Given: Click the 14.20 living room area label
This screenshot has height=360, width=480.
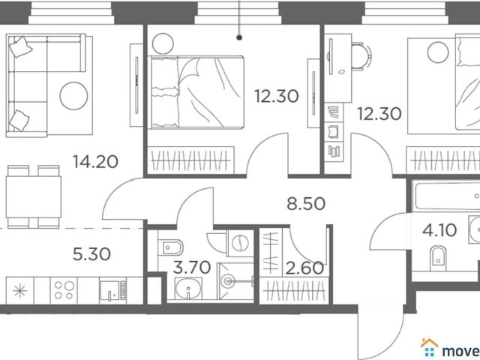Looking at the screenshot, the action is click(95, 162).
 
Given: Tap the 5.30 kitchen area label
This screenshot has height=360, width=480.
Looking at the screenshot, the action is click(91, 254).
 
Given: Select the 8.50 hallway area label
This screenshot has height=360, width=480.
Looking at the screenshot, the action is click(306, 204).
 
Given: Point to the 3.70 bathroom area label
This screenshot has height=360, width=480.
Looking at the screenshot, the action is click(192, 267).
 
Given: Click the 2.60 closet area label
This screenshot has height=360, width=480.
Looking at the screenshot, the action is click(304, 268).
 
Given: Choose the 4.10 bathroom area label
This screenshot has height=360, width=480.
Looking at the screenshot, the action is click(439, 230).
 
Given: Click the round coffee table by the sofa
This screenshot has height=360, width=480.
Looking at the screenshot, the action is click(73, 96).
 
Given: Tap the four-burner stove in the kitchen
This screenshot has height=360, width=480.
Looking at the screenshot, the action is click(64, 290).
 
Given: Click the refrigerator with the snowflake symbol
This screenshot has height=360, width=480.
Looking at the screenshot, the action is click(20, 290).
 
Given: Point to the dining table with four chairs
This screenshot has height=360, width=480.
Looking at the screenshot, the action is click(33, 196).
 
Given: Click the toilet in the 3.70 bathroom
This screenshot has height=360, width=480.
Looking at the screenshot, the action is click(170, 247).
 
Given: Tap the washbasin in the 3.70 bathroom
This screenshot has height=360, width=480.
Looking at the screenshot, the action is click(188, 288).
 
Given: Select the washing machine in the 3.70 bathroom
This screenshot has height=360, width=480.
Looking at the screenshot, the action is click(240, 243).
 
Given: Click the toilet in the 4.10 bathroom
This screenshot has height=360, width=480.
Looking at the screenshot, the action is click(438, 258).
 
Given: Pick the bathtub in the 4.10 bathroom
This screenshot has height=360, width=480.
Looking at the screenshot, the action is click(446, 195).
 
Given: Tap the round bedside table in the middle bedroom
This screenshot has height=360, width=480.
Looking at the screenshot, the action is click(163, 43).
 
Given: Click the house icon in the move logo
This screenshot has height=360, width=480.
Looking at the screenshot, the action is click(430, 348).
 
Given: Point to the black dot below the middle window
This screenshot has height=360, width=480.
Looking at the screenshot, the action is click(239, 37).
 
